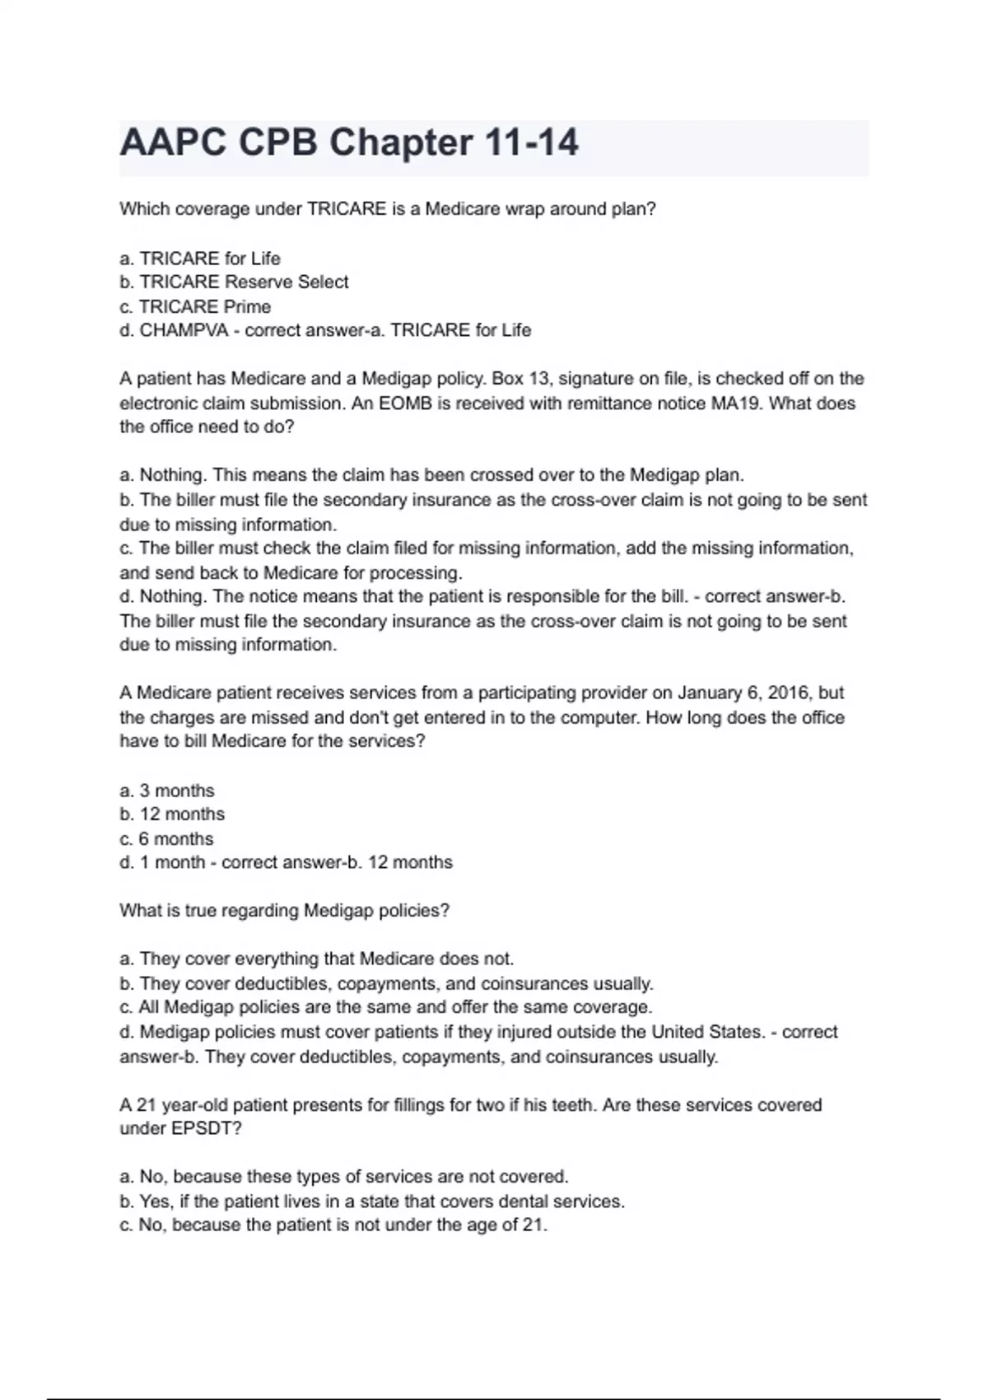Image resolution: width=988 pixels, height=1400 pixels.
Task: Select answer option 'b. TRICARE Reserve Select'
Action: pyautogui.click(x=234, y=282)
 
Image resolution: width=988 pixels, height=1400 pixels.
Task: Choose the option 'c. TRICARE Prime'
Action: pyautogui.click(x=195, y=307)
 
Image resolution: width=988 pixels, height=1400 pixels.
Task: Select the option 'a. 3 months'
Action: pyautogui.click(x=167, y=791)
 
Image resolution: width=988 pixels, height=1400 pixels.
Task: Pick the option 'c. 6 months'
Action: pyautogui.click(x=166, y=839)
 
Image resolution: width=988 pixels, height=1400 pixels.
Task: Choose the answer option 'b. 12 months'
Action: pyautogui.click(x=172, y=814)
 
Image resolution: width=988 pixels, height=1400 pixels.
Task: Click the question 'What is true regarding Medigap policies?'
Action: pyautogui.click(x=285, y=911)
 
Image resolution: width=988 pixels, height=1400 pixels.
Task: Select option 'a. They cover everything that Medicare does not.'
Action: pyautogui.click(x=317, y=959)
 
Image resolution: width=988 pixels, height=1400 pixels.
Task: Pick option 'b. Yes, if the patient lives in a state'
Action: pyautogui.click(x=372, y=1202)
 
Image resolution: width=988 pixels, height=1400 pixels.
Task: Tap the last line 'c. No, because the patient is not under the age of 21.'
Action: pyautogui.click(x=333, y=1225)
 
